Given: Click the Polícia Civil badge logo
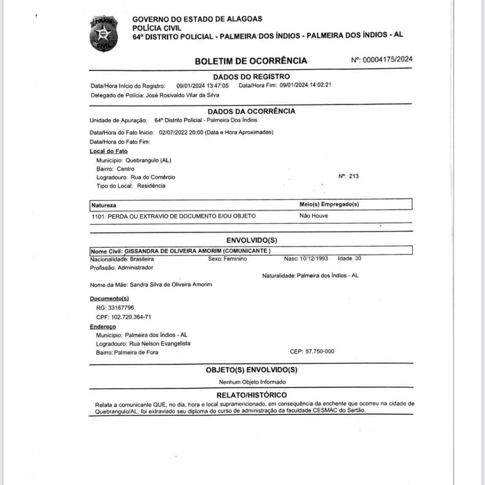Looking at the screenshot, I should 104,34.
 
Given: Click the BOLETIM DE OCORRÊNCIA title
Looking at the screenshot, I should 251,61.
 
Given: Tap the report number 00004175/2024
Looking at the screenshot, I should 387,59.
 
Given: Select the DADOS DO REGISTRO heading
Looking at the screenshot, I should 251,77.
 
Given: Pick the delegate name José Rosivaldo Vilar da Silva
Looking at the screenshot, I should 182,95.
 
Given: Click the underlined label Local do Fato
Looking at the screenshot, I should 108,151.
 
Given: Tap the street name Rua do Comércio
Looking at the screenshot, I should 153,177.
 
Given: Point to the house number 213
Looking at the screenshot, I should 354,176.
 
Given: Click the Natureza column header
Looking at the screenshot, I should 104,205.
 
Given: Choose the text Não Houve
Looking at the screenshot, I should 313,216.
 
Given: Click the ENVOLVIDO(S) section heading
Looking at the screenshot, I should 252,240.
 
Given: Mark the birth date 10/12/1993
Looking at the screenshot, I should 314,258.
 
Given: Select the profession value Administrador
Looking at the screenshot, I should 135,267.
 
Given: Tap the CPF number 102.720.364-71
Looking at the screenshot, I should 131,317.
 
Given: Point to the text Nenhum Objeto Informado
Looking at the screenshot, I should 252,382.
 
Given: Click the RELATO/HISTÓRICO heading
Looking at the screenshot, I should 251,395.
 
